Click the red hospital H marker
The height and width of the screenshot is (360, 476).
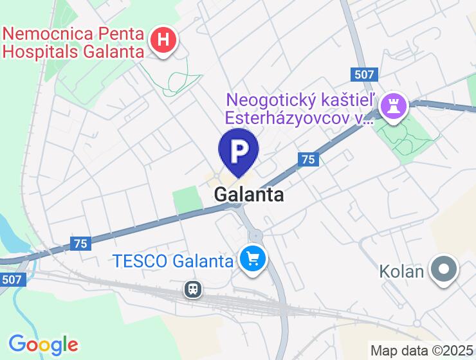pyautogui.click(x=163, y=40)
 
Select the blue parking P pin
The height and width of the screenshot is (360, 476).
pyautogui.click(x=239, y=151)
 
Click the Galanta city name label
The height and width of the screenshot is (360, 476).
pyautogui.click(x=248, y=194)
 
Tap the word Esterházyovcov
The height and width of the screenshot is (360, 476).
pyautogui.click(x=291, y=118)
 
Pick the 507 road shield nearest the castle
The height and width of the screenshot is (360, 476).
pyautogui.click(x=364, y=74)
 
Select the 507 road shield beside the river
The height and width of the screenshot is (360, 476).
pyautogui.click(x=12, y=280)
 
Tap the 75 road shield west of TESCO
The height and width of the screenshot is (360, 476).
pyautogui.click(x=80, y=243)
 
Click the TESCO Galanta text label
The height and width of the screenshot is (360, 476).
pyautogui.click(x=172, y=261)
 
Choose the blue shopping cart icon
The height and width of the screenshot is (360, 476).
pyautogui.click(x=253, y=260)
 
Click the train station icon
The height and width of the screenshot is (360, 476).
pyautogui.click(x=192, y=289)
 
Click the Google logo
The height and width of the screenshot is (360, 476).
pyautogui.click(x=43, y=344)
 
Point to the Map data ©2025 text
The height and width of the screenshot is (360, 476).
pyautogui.click(x=421, y=351)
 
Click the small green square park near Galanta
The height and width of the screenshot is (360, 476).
pyautogui.click(x=187, y=199)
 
